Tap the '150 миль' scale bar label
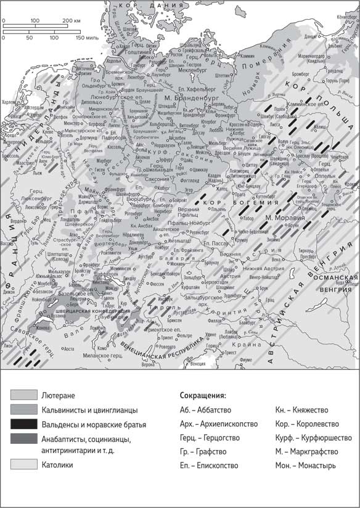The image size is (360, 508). coord(86,38)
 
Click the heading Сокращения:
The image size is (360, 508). coord(203,395)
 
